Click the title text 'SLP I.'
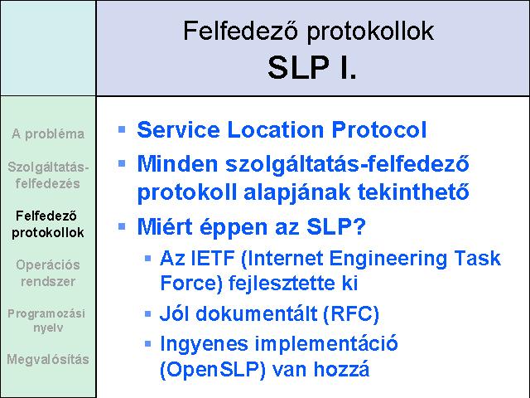click(312, 67)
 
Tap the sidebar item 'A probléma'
click(48, 134)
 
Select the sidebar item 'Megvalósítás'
click(48, 359)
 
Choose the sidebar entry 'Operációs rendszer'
click(48, 273)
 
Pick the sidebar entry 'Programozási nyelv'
click(46, 320)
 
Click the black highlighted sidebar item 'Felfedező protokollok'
click(47, 224)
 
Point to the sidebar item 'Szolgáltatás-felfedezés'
click(48, 175)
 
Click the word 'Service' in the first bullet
click(179, 129)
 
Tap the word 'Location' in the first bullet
click(276, 129)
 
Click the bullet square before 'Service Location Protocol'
click(122, 129)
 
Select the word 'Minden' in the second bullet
click(177, 164)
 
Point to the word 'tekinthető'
click(413, 192)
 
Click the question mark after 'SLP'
click(359, 226)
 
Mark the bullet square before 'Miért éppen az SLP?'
click(122, 226)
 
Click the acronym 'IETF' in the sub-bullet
click(213, 258)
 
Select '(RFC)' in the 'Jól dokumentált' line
click(351, 313)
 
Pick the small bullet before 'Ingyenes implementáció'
click(147, 344)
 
